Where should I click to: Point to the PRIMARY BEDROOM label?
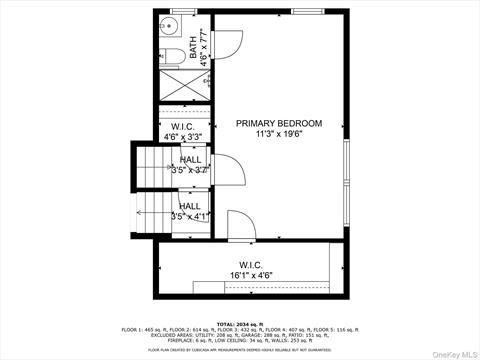point(279,123)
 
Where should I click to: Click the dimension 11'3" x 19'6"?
point(279,134)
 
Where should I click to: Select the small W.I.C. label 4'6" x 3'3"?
point(183,131)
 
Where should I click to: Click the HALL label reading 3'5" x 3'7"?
point(189,165)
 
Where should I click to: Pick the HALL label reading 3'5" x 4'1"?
point(189,211)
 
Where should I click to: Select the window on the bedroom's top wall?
point(305,11)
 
